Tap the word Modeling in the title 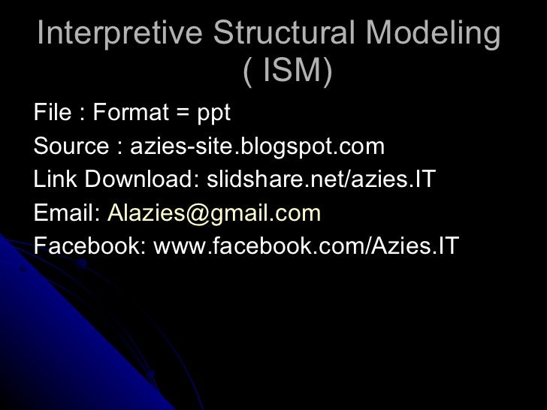click(441, 34)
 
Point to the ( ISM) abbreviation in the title click(288, 73)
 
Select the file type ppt click(214, 114)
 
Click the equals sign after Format click(181, 115)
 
